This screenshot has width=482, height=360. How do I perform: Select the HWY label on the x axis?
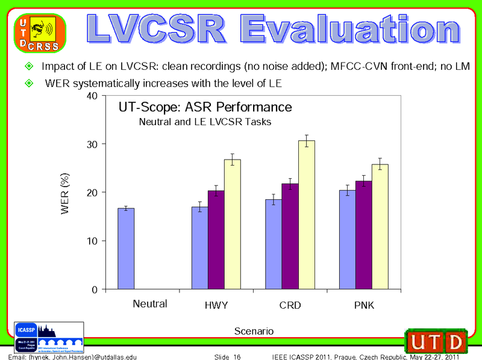pos(216,306)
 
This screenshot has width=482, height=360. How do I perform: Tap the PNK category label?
pos(364,306)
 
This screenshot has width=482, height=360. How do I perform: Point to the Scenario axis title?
pos(253,331)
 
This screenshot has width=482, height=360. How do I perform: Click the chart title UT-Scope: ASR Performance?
pos(205,107)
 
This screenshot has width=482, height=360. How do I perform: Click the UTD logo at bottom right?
pos(436,341)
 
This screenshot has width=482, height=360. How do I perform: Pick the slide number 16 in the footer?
pos(237,357)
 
